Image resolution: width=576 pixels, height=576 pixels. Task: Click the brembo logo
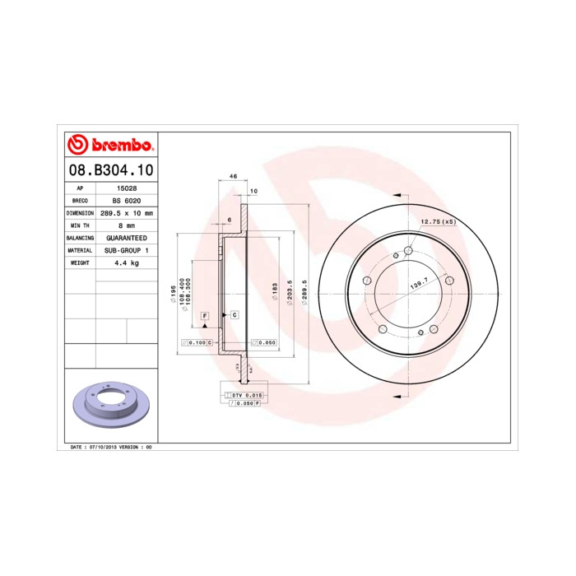(109, 145)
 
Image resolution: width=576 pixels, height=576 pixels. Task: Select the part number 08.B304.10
(109, 171)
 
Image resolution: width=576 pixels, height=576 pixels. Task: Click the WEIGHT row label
(80, 262)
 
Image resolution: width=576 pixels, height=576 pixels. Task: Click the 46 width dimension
(233, 177)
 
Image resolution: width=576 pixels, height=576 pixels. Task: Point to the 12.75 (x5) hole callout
(438, 222)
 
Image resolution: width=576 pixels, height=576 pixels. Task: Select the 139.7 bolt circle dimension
(420, 282)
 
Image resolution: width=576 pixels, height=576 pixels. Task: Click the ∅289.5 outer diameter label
(304, 292)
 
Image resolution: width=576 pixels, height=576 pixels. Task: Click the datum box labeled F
(204, 316)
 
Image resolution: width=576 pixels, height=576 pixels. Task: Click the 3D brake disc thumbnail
(109, 407)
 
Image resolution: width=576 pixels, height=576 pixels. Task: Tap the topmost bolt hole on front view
(409, 251)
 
